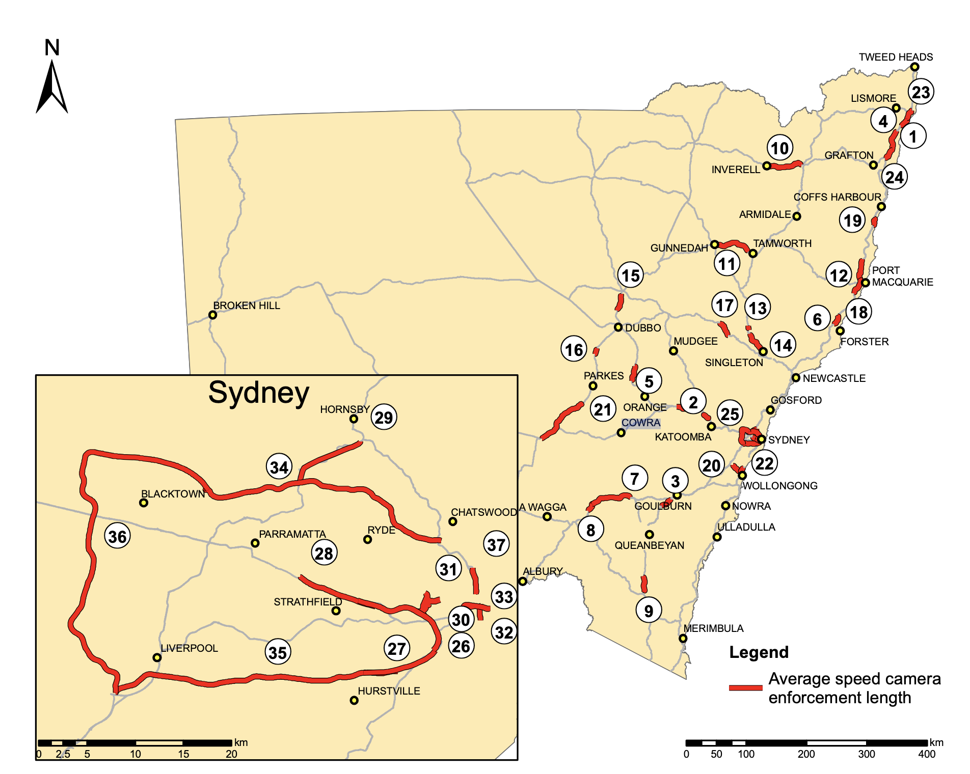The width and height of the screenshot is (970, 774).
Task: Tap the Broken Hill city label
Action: [247, 306]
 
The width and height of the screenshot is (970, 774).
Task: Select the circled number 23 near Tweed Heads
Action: [921, 92]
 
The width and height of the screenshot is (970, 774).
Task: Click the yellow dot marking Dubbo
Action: [618, 327]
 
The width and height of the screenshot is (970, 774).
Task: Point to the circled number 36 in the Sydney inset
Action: [117, 536]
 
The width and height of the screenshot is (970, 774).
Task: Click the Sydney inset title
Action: [258, 393]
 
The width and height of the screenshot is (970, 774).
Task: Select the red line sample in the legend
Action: [745, 687]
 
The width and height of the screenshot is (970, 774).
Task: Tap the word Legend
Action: [759, 652]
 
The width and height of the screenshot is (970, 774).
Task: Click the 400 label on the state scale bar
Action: [926, 754]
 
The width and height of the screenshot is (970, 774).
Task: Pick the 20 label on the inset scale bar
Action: [231, 754]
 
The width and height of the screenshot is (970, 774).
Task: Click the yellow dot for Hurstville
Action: [354, 701]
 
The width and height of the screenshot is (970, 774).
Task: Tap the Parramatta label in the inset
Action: [292, 534]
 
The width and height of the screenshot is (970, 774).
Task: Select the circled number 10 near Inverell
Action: [779, 148]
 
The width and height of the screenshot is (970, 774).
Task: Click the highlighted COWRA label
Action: [640, 423]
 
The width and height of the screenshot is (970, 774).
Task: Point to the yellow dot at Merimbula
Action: [683, 639]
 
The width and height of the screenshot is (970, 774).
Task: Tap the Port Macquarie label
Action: [902, 276]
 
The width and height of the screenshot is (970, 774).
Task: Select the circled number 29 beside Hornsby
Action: [384, 417]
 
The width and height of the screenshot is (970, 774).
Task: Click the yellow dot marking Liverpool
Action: [157, 657]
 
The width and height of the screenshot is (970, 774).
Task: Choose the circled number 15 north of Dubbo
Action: [630, 275]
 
